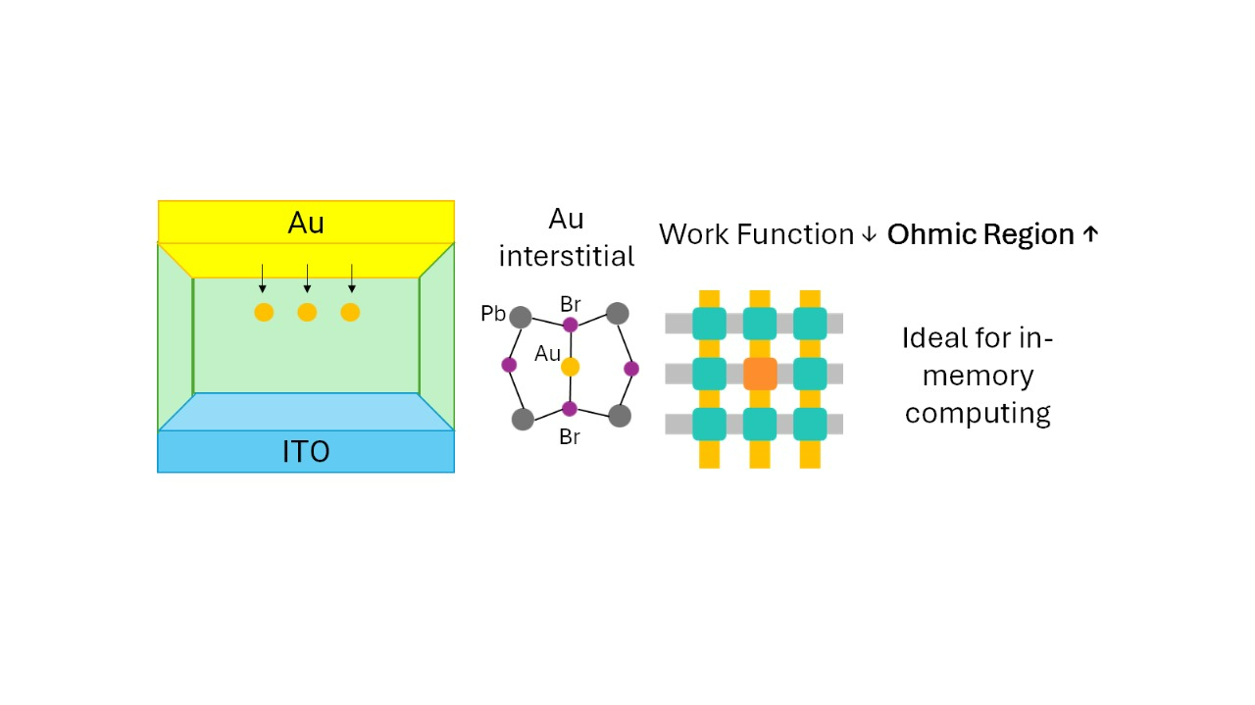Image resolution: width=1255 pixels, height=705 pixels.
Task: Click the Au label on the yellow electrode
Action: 306,224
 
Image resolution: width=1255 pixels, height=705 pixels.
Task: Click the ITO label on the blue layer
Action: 306,451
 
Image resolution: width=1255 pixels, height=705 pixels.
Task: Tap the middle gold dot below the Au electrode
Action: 307,313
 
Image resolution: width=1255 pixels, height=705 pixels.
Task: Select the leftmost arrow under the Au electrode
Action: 263,278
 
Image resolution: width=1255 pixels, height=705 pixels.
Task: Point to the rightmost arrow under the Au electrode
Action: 352,278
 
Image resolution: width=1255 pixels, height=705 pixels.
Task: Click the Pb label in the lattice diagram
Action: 493,314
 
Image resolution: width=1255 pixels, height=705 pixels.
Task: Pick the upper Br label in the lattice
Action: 571,304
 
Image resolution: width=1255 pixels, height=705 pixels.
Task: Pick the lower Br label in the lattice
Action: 570,437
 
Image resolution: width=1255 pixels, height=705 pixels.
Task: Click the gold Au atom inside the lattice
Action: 570,367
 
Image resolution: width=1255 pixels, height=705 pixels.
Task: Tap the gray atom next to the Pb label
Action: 522,318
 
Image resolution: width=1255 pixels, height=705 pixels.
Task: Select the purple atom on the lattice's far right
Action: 631,369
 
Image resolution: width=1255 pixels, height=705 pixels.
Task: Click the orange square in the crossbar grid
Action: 760,374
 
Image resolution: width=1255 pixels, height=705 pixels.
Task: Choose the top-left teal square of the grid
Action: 709,324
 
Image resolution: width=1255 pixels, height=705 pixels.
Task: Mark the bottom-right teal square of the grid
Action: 810,424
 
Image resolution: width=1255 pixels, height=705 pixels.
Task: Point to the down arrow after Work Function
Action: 868,235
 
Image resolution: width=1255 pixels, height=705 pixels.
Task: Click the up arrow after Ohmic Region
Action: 1090,235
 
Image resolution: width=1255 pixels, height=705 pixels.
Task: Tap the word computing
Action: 978,413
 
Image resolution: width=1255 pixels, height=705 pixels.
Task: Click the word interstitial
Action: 567,256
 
